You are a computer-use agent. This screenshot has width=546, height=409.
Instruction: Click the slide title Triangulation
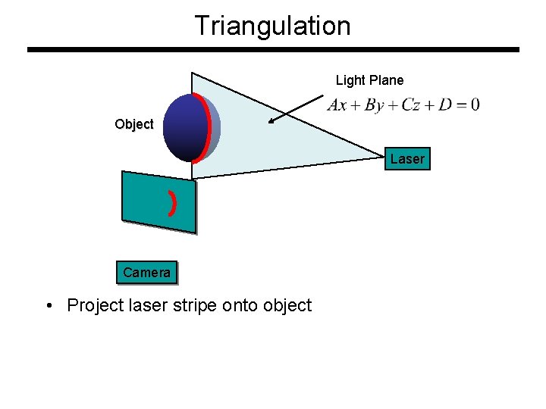tap(272, 26)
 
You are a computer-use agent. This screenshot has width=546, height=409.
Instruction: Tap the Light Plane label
tap(369, 80)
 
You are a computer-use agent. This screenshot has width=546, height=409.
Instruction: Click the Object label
tap(133, 124)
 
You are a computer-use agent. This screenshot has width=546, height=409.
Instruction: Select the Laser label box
tap(407, 158)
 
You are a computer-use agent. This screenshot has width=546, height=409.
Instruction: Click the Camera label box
tap(146, 273)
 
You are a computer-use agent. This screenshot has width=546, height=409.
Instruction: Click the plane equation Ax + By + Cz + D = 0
tap(403, 105)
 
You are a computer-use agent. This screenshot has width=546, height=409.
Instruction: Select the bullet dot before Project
tap(49, 306)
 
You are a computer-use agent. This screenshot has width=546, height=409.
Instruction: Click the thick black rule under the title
tap(273, 50)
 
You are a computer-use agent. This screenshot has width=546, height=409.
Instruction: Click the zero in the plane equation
tap(474, 105)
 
